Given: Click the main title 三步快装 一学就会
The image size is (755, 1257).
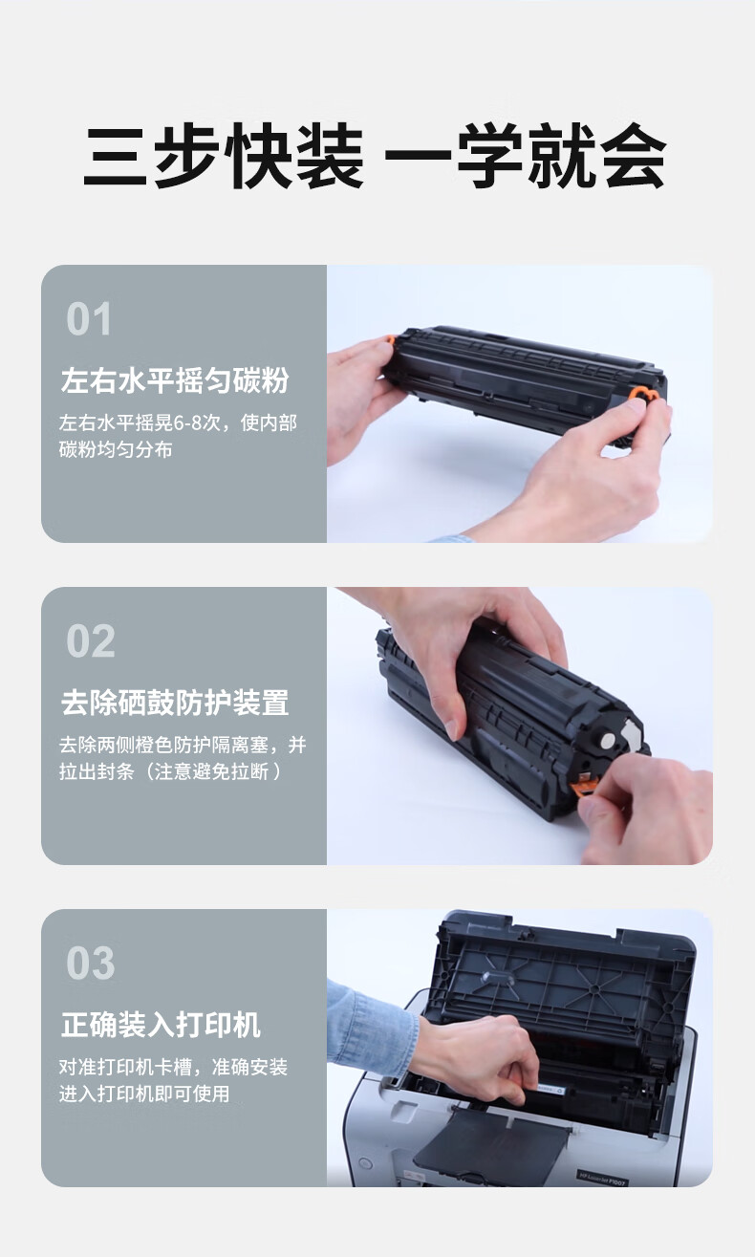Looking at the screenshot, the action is click(x=375, y=156).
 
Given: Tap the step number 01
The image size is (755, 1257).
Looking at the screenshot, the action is click(x=89, y=318).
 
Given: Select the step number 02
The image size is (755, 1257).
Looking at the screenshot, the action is click(x=90, y=640).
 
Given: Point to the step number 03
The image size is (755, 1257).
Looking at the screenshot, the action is click(x=90, y=963).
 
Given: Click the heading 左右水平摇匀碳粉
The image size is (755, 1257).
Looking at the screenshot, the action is click(x=175, y=380).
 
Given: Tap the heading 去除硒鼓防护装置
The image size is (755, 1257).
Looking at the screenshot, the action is click(x=175, y=703).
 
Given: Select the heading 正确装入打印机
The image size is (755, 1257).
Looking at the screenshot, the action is click(x=161, y=1025).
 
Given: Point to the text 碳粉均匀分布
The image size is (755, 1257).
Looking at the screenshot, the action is click(x=116, y=449).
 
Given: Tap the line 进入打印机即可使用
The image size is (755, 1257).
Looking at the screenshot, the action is click(x=144, y=1094).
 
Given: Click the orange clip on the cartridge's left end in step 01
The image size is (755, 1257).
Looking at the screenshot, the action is click(x=389, y=340).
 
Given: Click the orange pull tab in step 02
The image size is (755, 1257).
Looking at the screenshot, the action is click(x=582, y=786).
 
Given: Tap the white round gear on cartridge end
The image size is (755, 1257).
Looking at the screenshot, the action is click(x=608, y=741).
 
